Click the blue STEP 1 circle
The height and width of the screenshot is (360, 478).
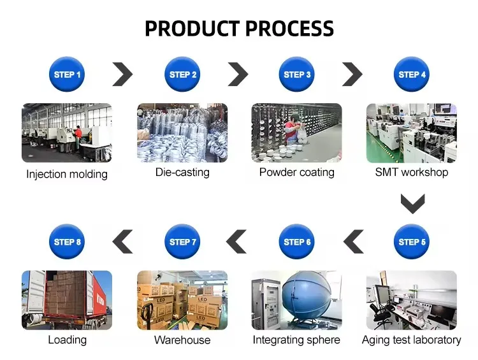67,75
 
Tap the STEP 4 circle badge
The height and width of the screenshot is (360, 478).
412,75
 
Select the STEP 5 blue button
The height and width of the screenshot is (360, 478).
412,241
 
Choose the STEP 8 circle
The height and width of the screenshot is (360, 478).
67,241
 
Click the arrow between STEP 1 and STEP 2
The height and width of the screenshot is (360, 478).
123,75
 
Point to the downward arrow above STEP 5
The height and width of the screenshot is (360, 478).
412,204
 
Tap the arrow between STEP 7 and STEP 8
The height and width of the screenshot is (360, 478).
122,241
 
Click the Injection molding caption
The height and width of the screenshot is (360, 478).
67,174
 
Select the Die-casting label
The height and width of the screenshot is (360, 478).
182,172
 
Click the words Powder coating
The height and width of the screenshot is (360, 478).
296,173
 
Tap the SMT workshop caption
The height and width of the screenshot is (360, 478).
412,172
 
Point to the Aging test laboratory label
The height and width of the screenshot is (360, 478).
411,340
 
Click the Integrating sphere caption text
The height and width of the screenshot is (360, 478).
296,340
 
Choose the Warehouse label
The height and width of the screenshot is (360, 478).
182,340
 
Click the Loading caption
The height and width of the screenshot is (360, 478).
67,340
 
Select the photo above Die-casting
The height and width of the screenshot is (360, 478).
182,133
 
